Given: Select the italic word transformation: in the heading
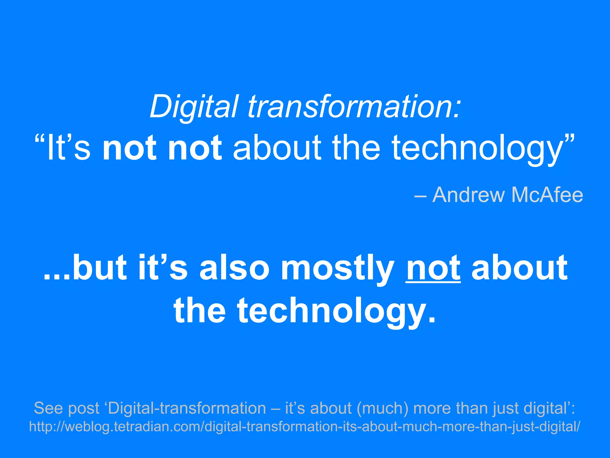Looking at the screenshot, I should [354, 107].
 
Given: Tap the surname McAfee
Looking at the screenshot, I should [547, 195].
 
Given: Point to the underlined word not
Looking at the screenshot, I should [433, 267].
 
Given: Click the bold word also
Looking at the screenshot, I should [234, 267].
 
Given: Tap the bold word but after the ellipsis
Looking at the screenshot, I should [100, 267].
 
